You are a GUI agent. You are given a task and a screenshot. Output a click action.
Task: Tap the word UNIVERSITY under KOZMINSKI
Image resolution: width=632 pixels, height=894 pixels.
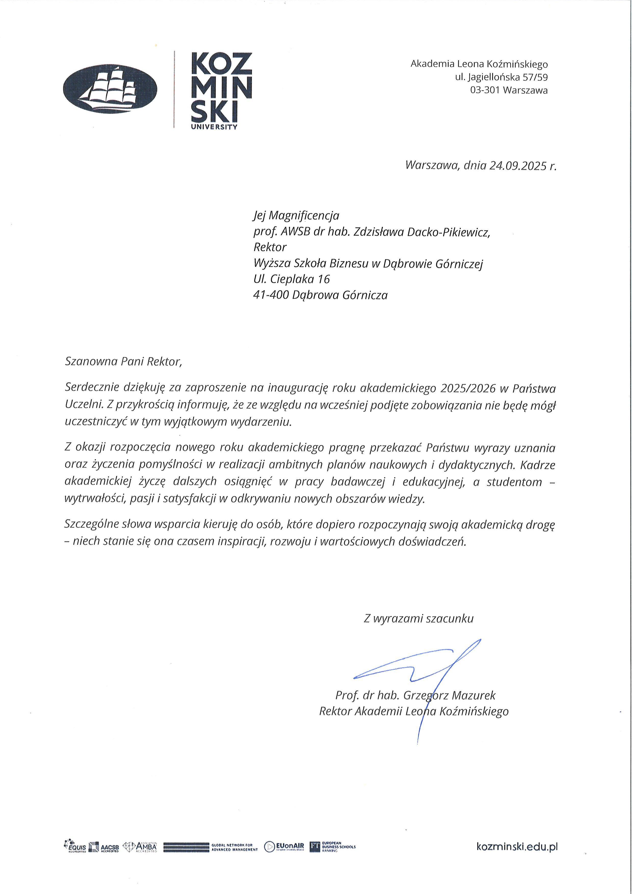click(x=214, y=127)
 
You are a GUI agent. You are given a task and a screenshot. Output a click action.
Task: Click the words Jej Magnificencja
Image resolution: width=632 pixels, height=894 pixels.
click(x=296, y=215)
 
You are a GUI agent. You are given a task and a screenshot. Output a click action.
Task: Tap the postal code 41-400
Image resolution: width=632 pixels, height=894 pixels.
click(x=271, y=295)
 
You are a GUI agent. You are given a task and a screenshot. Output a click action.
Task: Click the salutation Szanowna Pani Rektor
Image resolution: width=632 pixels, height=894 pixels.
click(x=123, y=362)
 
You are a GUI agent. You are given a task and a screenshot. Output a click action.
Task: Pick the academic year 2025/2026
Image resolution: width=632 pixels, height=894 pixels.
click(x=468, y=388)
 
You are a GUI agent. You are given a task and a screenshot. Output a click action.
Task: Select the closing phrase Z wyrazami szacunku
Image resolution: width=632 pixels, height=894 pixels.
click(x=418, y=619)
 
